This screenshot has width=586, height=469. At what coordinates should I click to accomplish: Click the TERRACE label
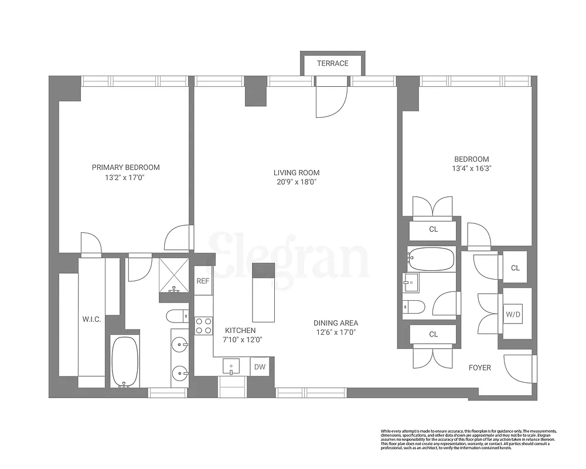332,63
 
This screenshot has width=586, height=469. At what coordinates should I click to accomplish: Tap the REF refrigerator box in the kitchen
203,281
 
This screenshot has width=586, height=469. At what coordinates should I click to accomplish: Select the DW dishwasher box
259,368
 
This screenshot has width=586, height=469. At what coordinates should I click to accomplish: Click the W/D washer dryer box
513,315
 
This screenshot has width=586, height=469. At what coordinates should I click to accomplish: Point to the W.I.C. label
92,320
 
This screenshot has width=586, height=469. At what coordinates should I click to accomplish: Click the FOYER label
479,368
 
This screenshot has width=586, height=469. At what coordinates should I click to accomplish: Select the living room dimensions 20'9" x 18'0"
296,182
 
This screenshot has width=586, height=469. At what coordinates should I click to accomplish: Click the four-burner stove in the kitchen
203,326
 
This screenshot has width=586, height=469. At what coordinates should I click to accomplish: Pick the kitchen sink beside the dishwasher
232,367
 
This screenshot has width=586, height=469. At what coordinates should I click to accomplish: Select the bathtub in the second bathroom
431,259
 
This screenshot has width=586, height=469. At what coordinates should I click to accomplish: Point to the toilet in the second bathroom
413,306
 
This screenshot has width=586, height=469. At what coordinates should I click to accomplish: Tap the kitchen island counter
263,293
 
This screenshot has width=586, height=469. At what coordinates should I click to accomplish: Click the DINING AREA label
336,323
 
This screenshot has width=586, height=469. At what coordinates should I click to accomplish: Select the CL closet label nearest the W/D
515,268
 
